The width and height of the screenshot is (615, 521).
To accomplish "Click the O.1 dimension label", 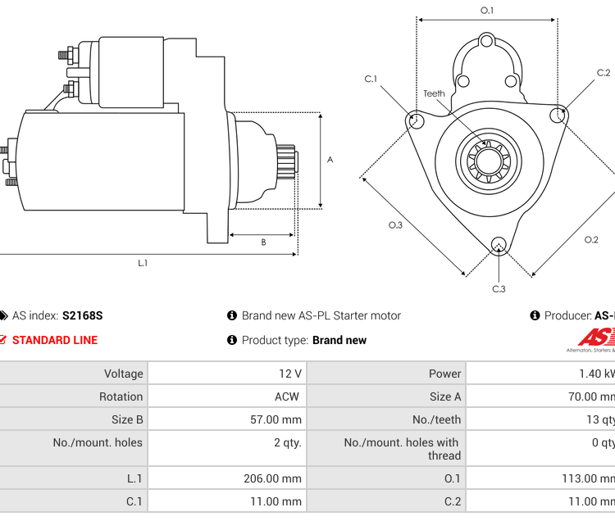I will [487, 11].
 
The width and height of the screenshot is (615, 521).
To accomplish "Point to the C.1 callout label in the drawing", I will [371, 79].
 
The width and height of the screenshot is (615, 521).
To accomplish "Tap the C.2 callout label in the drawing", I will [604, 73].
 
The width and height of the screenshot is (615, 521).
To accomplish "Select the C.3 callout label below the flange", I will [499, 288].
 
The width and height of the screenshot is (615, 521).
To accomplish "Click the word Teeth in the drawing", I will [434, 93].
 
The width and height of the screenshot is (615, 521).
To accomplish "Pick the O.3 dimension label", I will [395, 225].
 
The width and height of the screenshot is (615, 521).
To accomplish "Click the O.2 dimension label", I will [591, 239].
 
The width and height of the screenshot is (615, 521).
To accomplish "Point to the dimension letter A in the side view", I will [330, 160].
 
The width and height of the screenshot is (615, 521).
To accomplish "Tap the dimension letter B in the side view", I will [263, 242].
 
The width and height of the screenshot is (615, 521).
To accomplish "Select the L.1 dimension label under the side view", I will [143, 263].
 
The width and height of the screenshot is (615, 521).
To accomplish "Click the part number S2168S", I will [83, 315].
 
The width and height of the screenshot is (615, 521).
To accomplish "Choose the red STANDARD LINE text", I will [55, 340].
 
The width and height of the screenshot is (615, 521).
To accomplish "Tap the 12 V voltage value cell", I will [290, 374].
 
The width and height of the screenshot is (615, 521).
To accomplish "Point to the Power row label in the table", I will [444, 374].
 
